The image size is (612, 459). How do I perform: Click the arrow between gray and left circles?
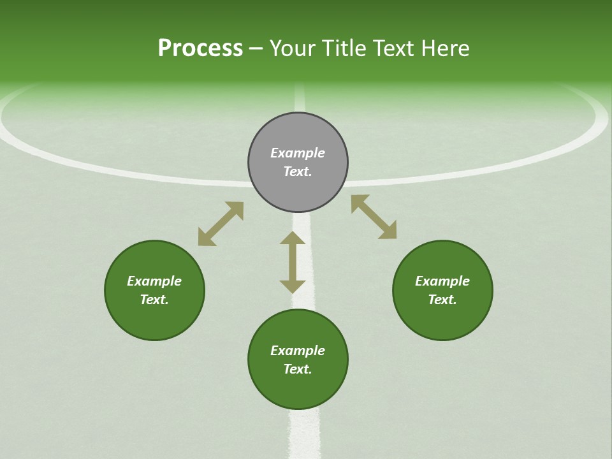[221, 224]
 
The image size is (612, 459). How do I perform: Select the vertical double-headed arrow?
[293, 262]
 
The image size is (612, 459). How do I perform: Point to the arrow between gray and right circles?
[374, 217]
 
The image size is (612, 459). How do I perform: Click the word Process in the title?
[200, 48]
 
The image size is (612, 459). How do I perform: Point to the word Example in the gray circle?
[298, 153]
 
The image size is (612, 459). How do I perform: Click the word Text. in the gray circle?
[298, 171]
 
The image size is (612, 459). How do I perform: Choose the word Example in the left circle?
[154, 281]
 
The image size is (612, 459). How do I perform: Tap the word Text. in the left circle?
[154, 300]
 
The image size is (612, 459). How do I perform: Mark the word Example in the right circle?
[442, 281]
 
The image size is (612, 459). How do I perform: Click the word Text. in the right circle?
[442, 300]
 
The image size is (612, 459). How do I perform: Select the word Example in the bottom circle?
[298, 351]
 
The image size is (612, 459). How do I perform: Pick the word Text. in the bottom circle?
[298, 369]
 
